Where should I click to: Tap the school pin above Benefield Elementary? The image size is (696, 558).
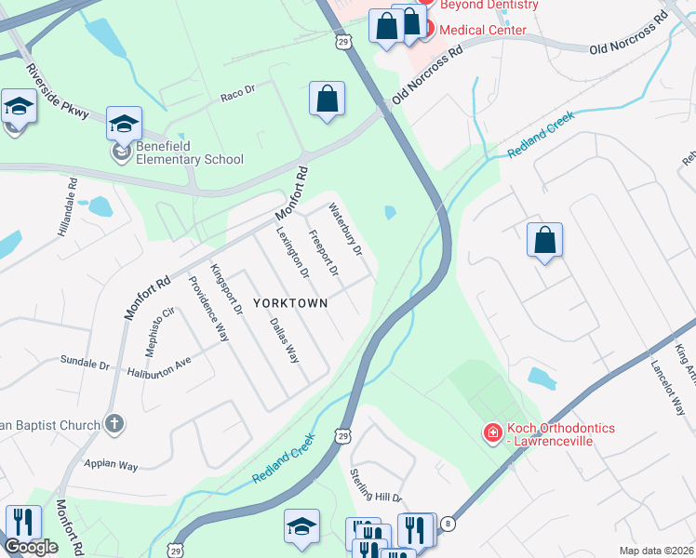[x=124, y=124]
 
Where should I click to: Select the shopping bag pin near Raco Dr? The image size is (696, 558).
[x=328, y=100]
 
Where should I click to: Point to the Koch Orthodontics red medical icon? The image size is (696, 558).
[x=491, y=432]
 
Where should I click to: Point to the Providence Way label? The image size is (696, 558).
[x=208, y=310]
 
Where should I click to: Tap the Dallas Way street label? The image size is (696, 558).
[x=284, y=340]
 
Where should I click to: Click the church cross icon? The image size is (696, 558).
[x=114, y=425]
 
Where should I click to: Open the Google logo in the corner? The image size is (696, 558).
[x=31, y=547]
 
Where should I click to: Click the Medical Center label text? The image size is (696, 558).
[x=482, y=30]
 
